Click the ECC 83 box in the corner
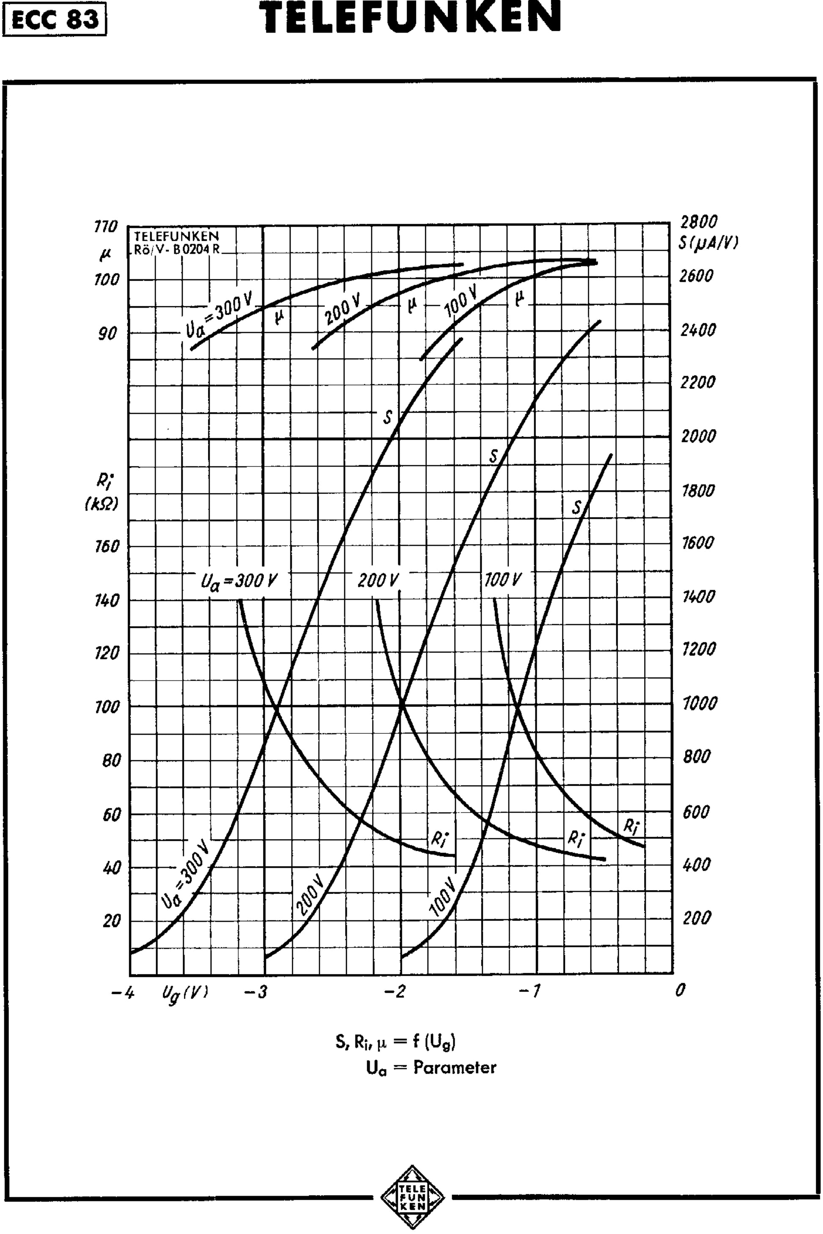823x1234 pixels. (55, 19)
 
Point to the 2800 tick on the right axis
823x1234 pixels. (699, 222)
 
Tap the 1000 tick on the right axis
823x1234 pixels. (699, 703)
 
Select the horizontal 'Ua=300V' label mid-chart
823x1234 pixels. (239, 581)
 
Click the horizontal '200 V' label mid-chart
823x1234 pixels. (378, 581)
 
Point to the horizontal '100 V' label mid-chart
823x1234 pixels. (503, 580)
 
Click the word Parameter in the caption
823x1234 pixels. (455, 1067)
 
